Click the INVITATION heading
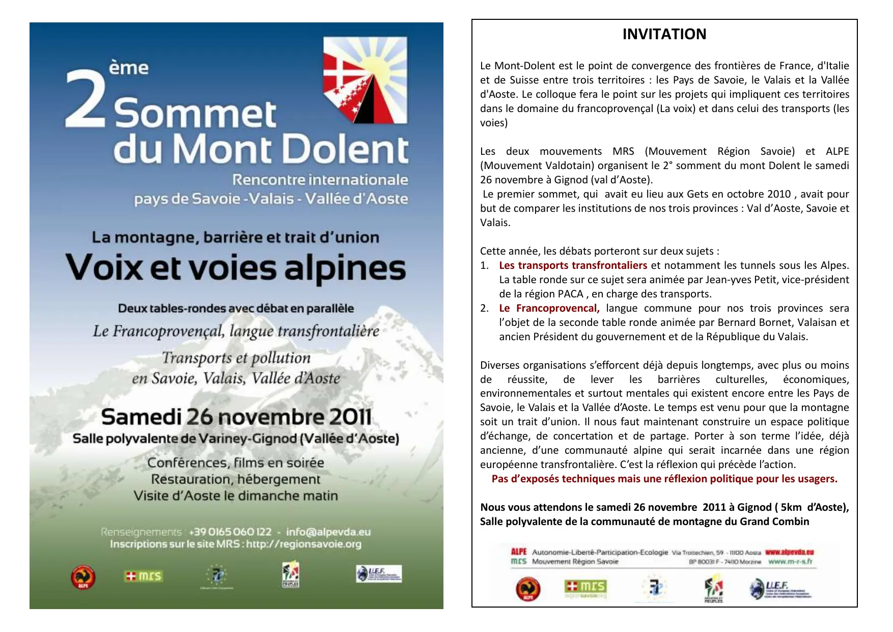point(664,34)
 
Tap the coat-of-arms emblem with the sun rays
point(365,80)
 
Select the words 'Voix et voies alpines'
point(236,268)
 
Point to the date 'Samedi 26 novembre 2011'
point(236,417)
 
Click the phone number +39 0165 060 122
point(230,532)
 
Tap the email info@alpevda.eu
point(328,532)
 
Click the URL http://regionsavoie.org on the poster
point(304,544)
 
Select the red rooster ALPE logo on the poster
point(83,577)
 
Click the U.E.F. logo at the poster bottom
point(379,574)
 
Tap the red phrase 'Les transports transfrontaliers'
point(573,265)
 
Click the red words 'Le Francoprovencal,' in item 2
point(549,308)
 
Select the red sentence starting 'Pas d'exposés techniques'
point(664,479)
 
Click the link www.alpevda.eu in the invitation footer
point(789,552)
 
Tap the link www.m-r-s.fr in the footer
point(790,562)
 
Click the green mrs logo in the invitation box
point(585,587)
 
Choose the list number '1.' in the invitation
point(485,265)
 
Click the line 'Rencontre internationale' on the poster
point(320,180)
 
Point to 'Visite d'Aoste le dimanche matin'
point(236,496)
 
